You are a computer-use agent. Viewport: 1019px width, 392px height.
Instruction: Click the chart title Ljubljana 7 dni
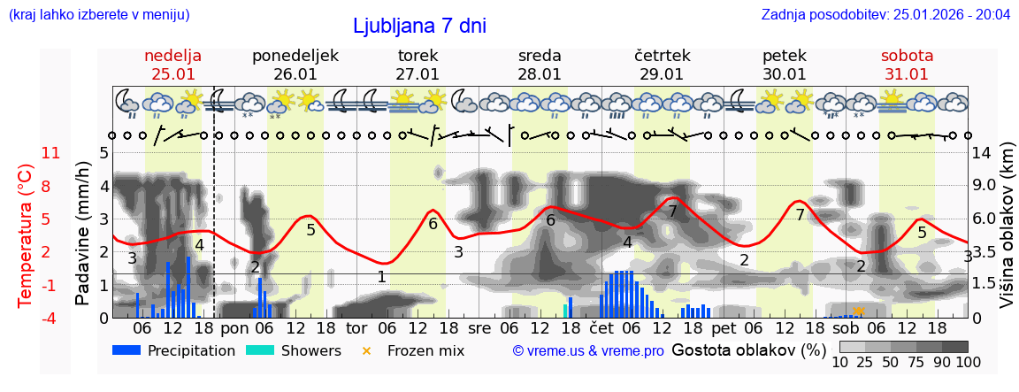(x=419, y=27)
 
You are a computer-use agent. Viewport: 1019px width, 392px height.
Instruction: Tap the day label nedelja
(x=173, y=55)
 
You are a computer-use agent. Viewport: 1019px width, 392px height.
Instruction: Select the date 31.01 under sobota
(x=907, y=74)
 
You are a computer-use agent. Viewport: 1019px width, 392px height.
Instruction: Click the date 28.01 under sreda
(x=540, y=74)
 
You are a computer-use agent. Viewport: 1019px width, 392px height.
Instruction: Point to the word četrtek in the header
(x=662, y=55)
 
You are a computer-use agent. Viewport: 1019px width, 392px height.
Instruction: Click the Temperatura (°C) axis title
(x=25, y=235)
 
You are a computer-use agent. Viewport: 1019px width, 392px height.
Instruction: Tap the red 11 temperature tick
(x=51, y=153)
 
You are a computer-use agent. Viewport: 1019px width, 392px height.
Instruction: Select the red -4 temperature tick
(x=50, y=318)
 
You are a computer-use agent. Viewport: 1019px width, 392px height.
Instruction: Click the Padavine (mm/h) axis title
(x=83, y=233)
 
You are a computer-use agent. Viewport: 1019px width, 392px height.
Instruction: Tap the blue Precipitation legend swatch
(x=127, y=350)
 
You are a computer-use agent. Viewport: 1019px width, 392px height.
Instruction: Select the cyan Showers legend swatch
(x=261, y=350)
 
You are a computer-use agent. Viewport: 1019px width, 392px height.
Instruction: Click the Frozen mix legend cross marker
(x=366, y=350)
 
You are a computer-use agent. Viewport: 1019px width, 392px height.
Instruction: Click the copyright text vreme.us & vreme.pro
(x=588, y=351)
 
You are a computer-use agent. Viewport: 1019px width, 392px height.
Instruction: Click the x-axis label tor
(x=356, y=327)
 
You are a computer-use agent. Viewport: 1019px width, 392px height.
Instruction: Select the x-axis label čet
(x=601, y=327)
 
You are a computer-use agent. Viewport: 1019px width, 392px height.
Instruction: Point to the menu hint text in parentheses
(x=99, y=14)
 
